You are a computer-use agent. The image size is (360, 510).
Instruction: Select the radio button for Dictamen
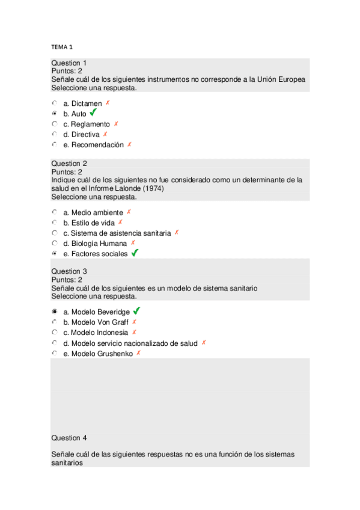[54, 103]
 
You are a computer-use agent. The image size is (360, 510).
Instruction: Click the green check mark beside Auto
[93, 112]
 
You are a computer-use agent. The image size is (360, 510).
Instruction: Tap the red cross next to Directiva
[105, 134]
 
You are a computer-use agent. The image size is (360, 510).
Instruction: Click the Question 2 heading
[69, 163]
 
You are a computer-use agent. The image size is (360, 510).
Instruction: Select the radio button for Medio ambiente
[54, 212]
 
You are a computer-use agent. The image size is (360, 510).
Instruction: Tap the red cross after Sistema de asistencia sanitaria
[177, 233]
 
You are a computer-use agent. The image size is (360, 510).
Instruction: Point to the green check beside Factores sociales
[135, 253]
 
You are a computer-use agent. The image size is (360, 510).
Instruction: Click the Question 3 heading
[69, 271]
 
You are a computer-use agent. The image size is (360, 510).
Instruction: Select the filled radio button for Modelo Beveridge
[54, 312]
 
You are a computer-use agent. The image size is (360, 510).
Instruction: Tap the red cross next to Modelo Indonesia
[134, 332]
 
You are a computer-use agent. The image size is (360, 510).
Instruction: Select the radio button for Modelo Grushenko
[54, 354]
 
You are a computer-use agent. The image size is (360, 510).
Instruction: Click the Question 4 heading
[69, 438]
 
